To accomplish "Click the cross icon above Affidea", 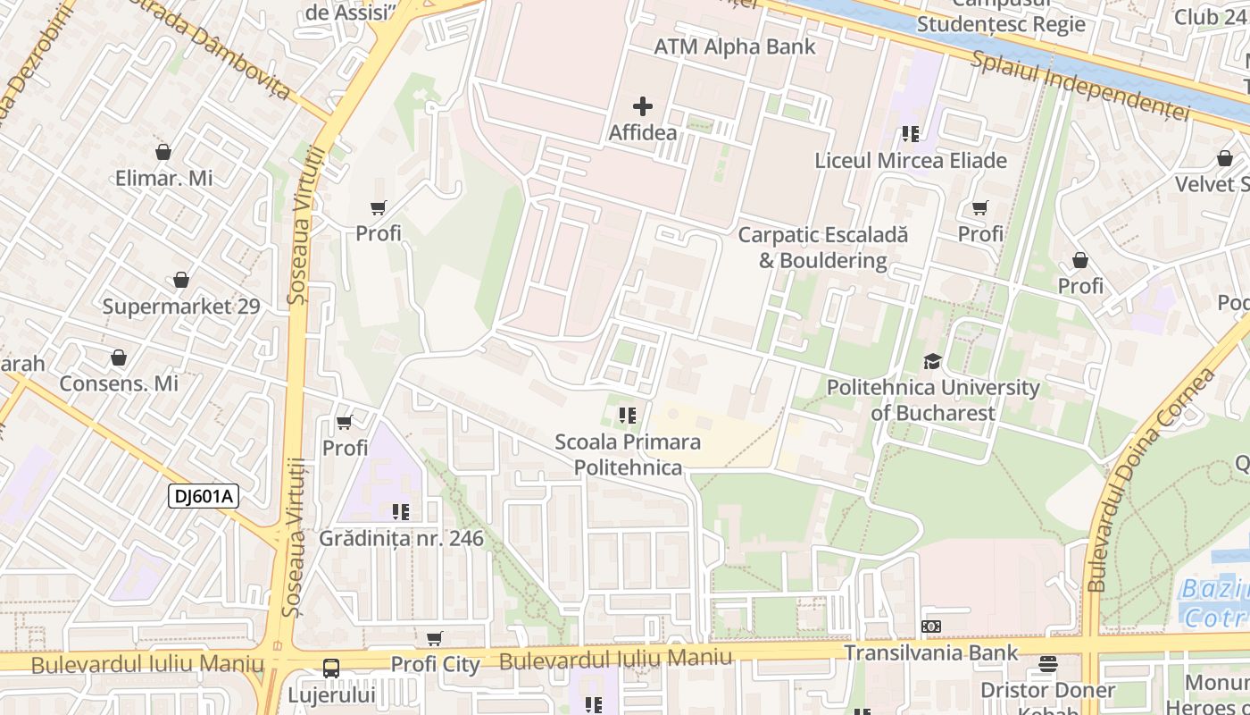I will tap(642, 106).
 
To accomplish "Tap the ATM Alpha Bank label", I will tap(735, 46).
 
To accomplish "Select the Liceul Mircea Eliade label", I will tap(911, 161).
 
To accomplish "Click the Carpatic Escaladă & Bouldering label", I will tap(822, 248).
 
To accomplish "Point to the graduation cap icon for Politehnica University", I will tap(932, 361).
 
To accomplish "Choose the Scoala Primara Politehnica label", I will tap(628, 454).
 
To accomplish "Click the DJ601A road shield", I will tap(204, 496).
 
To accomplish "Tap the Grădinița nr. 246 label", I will tap(402, 538).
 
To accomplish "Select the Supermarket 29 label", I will tap(181, 307).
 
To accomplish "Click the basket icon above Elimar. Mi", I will tap(163, 152).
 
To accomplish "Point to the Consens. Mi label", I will tap(119, 383).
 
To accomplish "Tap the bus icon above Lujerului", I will tap(331, 668).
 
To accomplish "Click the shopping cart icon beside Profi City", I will tap(435, 638).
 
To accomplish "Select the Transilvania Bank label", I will tap(931, 652).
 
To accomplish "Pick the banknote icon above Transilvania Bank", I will tap(931, 627).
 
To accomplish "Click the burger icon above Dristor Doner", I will tap(1047, 665).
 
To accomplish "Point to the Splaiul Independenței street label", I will tap(1080, 85).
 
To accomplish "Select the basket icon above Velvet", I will tap(1225, 159).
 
